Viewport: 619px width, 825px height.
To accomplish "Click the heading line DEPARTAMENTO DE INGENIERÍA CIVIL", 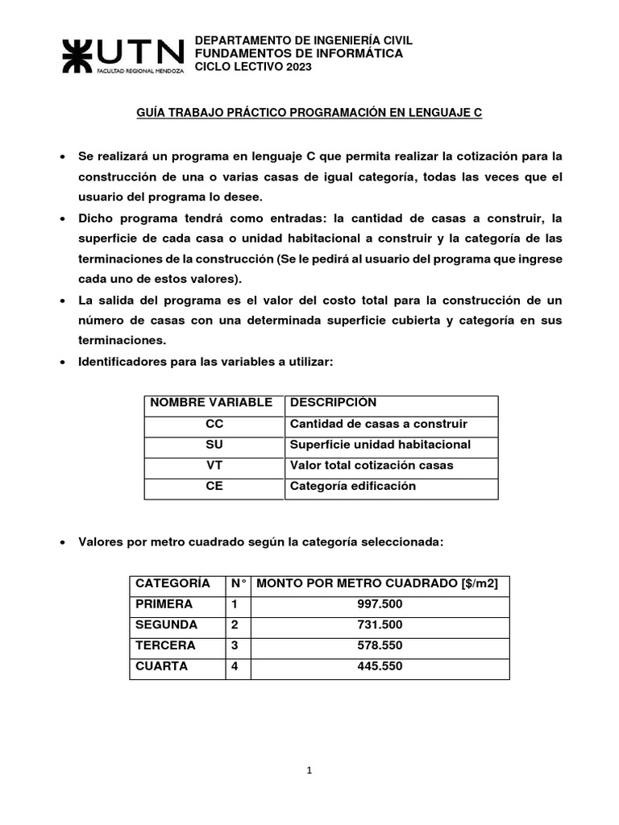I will click(x=305, y=40).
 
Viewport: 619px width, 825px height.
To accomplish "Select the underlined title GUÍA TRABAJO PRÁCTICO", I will click(x=309, y=114).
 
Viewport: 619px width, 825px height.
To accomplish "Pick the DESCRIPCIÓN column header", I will click(x=333, y=403).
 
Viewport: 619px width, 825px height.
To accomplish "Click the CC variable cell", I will click(x=214, y=424).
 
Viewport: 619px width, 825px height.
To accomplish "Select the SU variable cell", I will click(x=214, y=445).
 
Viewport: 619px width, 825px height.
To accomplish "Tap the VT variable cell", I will click(x=214, y=466).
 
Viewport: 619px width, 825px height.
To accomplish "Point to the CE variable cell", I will click(x=214, y=487).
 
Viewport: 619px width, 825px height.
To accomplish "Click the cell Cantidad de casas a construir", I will click(x=378, y=424).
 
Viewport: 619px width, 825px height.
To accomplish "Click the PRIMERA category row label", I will click(x=164, y=604).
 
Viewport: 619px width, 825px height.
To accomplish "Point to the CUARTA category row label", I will click(x=162, y=667).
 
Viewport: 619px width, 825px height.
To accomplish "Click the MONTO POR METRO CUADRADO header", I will click(x=376, y=583).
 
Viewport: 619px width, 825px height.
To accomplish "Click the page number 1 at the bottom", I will click(x=309, y=770).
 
